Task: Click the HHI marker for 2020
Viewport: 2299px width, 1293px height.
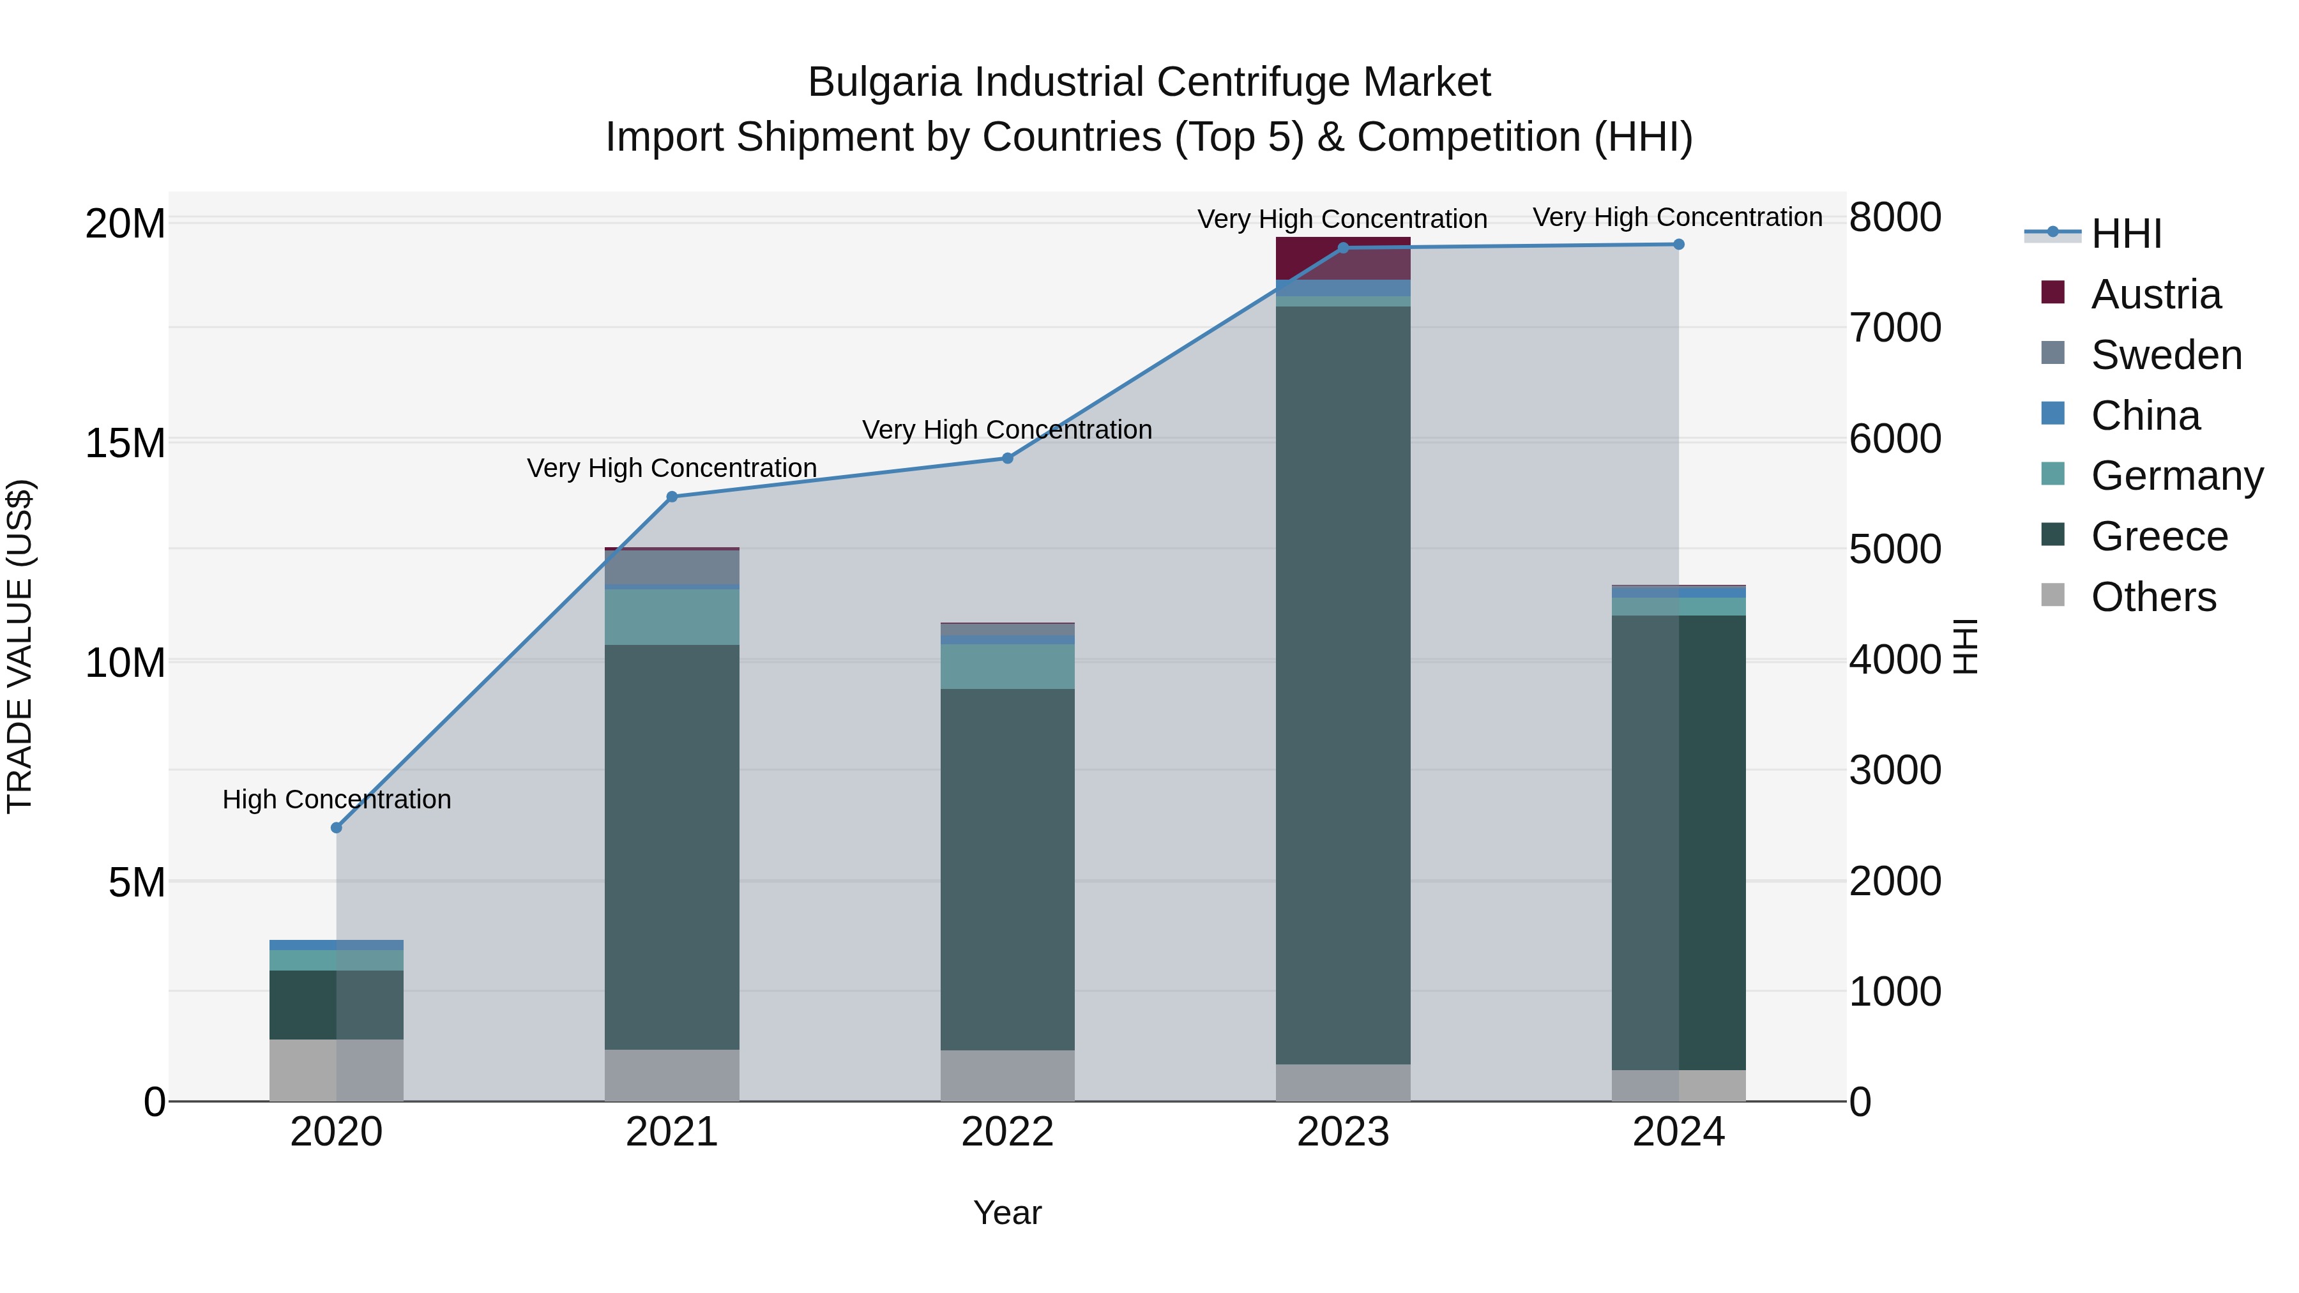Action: click(x=337, y=827)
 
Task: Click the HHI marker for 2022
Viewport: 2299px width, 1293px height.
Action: click(x=1008, y=458)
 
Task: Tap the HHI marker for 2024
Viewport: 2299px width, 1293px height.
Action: click(x=1678, y=245)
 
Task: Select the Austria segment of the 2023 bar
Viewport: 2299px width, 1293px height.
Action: click(x=1342, y=258)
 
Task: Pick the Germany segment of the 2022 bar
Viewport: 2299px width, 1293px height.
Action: click(x=1008, y=666)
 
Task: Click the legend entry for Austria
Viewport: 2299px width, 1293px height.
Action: click(x=2155, y=294)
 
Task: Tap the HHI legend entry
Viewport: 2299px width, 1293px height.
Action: click(x=2124, y=234)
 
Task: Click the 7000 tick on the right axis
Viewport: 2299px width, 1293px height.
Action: click(x=1894, y=328)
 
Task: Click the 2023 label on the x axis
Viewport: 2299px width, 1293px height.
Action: click(x=1342, y=1132)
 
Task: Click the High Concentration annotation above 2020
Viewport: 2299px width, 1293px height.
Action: click(x=337, y=799)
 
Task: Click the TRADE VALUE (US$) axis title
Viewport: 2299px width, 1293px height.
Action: click(x=20, y=646)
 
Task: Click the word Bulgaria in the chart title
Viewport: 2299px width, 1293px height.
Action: click(x=884, y=82)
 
